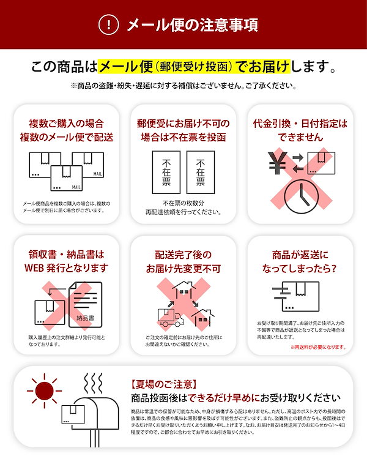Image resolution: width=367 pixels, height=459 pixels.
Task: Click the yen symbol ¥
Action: coord(277,163)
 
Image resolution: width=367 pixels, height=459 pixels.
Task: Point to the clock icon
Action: coord(302,195)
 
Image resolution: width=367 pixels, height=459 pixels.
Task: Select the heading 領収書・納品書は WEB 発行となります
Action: coord(67,261)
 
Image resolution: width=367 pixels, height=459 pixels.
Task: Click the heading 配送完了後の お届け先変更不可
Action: coord(183,261)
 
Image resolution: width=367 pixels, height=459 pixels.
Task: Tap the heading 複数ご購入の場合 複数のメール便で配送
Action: coord(67,130)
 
